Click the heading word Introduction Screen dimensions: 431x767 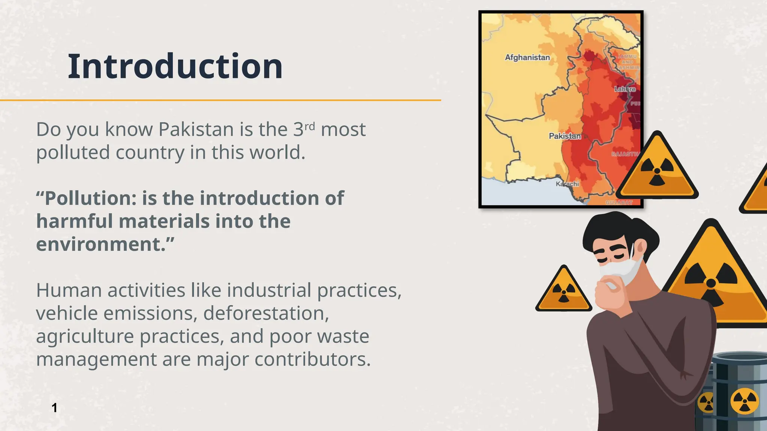click(x=175, y=67)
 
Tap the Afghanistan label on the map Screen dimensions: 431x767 click(x=527, y=58)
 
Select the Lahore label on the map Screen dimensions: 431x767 click(x=625, y=89)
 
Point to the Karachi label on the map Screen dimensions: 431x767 click(x=567, y=184)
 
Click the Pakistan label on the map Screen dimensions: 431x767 click(x=565, y=136)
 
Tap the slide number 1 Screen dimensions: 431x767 click(x=55, y=407)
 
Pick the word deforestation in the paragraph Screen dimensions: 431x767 click(x=266, y=313)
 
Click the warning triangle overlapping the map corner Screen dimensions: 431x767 click(x=657, y=168)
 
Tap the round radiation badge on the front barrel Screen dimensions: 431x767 click(x=745, y=401)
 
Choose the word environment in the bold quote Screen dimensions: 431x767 click(x=100, y=244)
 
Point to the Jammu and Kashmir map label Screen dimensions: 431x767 click(x=628, y=62)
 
